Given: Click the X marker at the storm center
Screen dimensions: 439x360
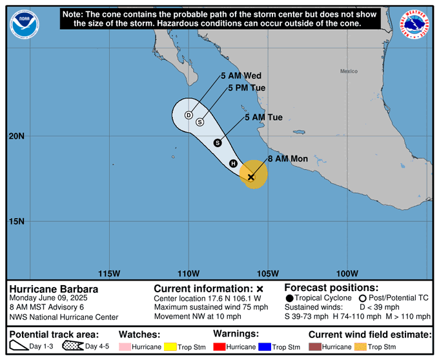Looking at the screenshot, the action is (251, 177).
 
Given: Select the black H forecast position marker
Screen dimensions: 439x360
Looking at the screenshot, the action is (234, 163).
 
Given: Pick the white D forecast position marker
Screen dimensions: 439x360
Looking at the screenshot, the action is (189, 115).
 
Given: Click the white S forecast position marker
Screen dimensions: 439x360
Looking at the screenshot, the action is (200, 122).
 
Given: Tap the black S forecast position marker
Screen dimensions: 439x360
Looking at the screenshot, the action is (218, 143).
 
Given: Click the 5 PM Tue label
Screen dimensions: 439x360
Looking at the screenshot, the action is (247, 88).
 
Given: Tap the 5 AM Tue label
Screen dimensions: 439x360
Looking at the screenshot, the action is (263, 117).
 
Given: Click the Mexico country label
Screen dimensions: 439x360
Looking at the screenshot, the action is (349, 71).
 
